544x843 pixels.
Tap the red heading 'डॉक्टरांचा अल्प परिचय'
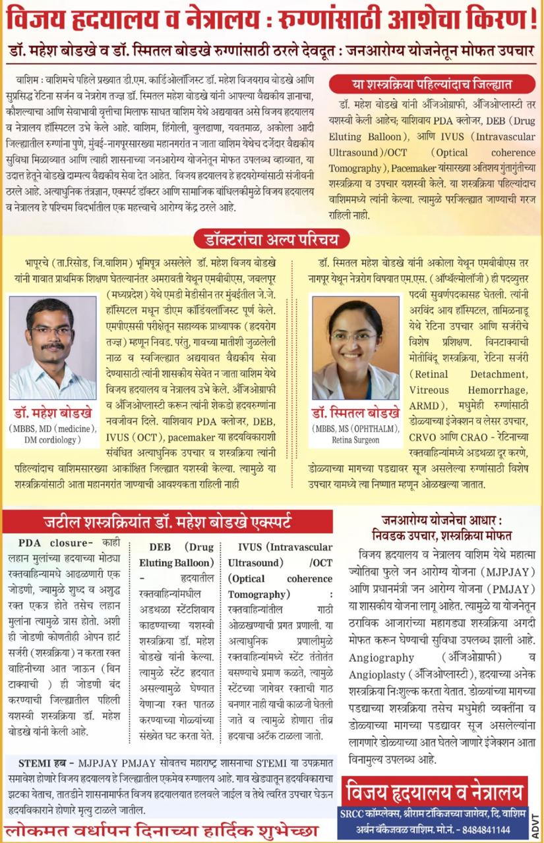(x=271, y=239)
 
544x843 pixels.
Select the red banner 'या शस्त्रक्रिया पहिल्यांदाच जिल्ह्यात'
(x=432, y=84)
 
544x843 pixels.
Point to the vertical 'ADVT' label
(x=535, y=817)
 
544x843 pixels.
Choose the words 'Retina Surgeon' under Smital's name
(x=356, y=439)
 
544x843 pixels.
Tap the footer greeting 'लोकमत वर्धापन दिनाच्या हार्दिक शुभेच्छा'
(x=162, y=829)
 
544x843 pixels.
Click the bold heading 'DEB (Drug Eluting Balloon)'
(x=178, y=555)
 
